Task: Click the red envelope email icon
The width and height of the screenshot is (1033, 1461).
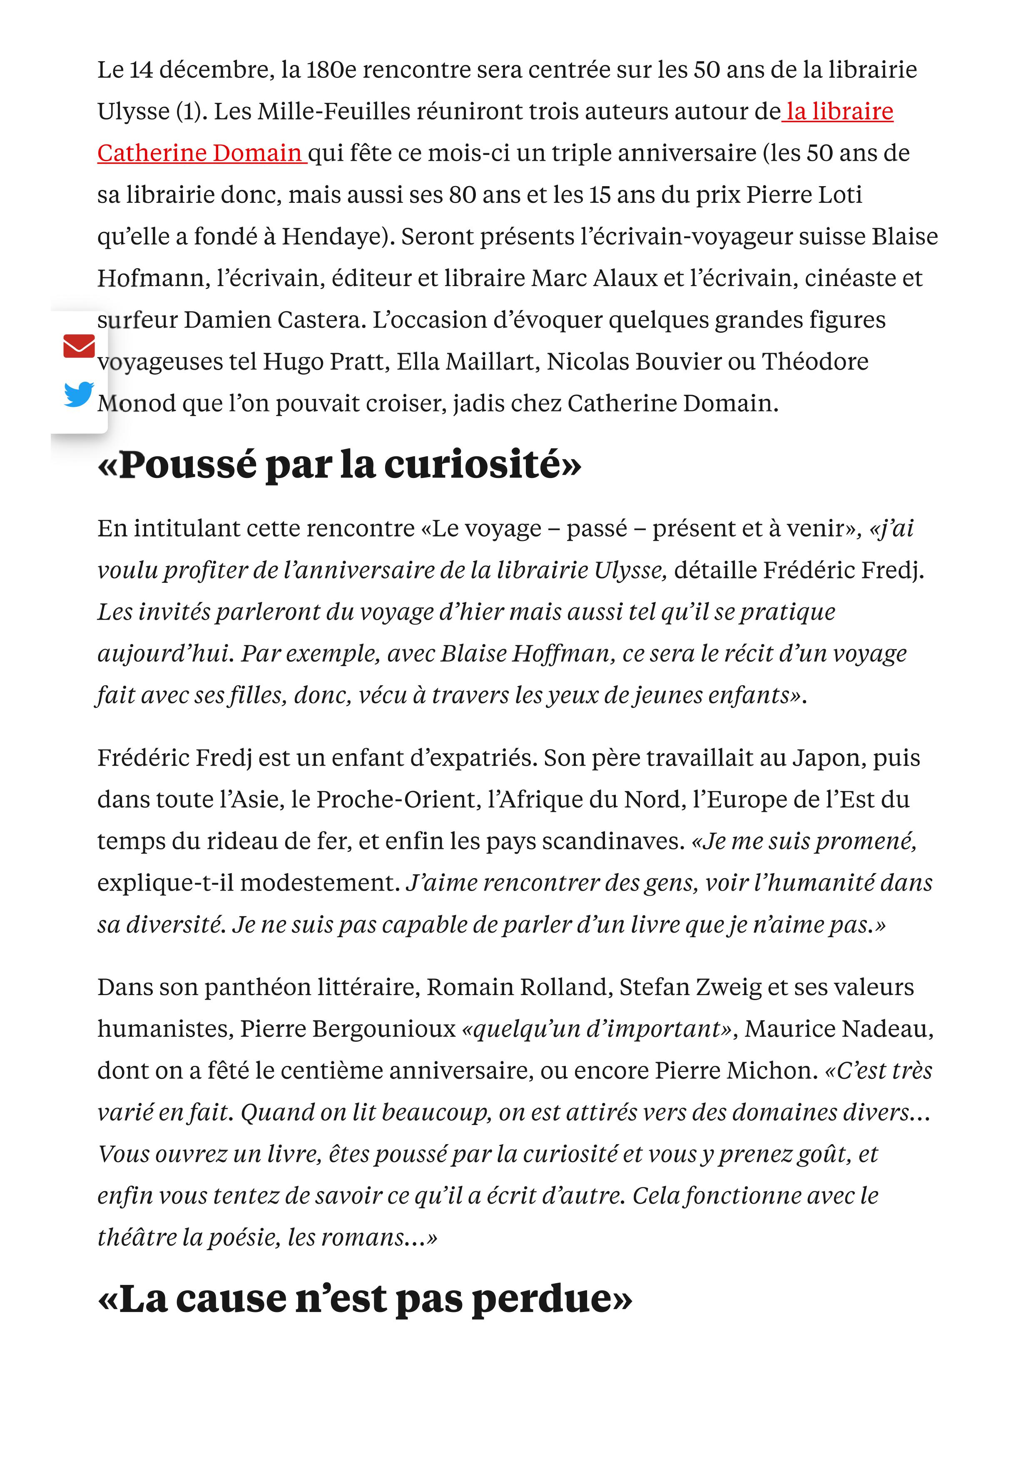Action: pyautogui.click(x=79, y=346)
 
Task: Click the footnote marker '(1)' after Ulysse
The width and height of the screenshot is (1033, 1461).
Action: pyautogui.click(x=188, y=111)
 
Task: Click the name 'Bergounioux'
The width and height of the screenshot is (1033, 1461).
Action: pyautogui.click(x=348, y=1029)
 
